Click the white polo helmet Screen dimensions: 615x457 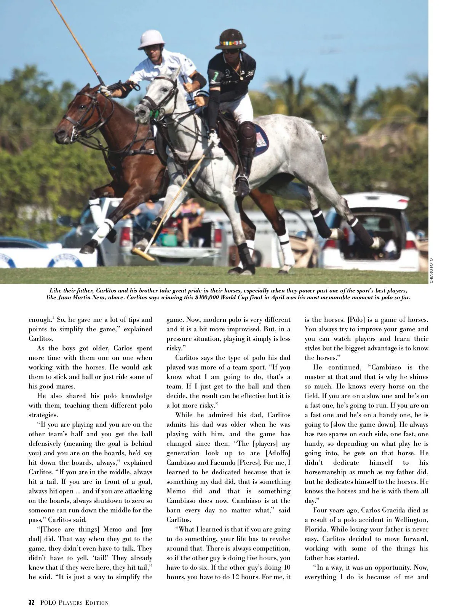[151, 40]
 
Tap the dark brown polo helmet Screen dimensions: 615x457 [231, 39]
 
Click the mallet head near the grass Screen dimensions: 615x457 [143, 253]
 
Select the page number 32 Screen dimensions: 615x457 [32, 602]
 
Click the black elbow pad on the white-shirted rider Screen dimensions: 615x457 [198, 80]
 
